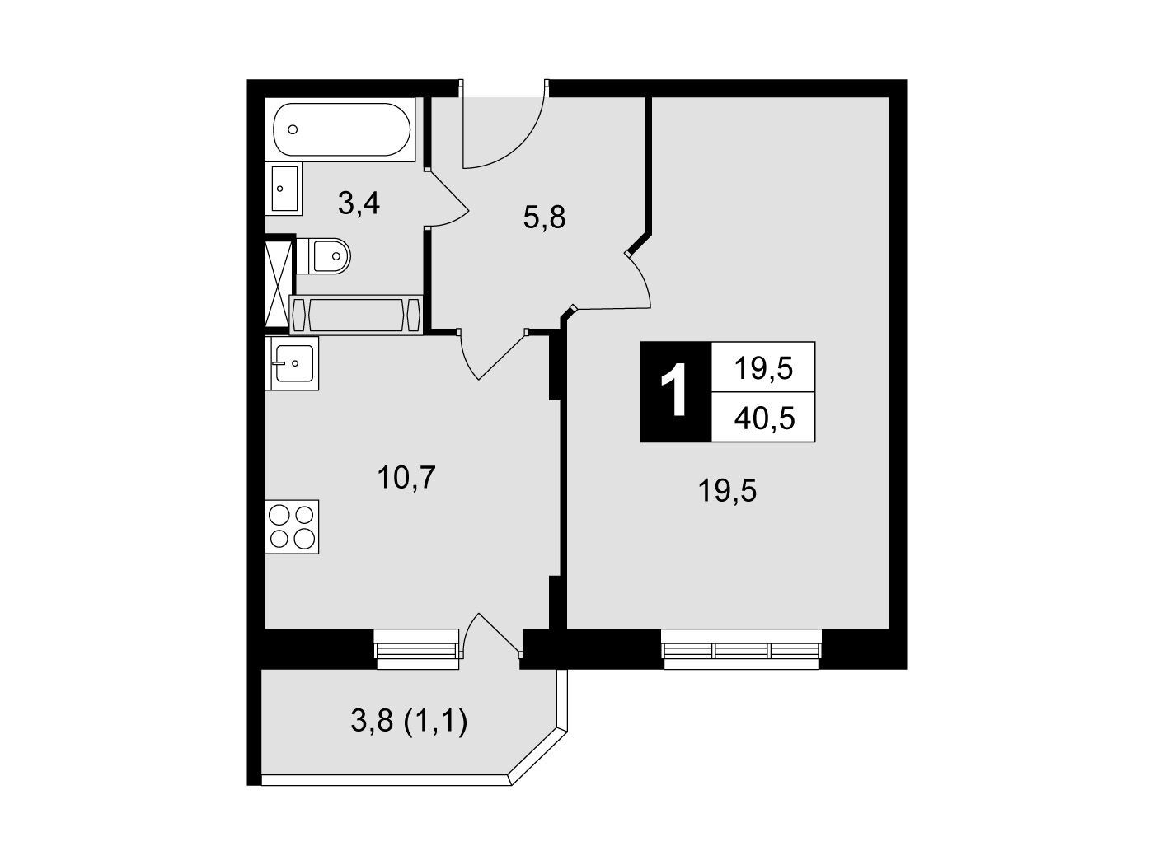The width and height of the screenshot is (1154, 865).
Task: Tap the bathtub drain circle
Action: coord(293,129)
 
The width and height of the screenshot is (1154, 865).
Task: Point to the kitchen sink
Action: coord(292,363)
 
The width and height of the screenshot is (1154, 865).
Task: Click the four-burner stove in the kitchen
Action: coord(292,526)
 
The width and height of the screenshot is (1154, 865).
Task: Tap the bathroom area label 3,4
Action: coord(359,203)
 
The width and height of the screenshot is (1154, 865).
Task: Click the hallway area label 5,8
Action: coord(544,217)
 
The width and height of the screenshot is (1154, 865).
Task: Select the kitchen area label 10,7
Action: coord(406,478)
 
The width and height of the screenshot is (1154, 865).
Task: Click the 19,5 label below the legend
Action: coord(727,492)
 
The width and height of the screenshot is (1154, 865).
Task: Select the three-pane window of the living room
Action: coord(741,649)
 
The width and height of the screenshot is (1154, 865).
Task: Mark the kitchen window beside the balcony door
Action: coord(416,649)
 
